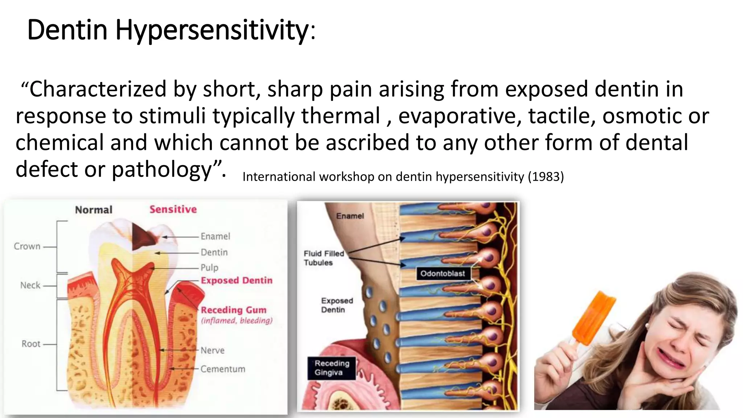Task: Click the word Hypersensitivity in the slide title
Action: (212, 30)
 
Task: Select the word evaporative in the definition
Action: (460, 116)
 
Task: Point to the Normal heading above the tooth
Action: (94, 210)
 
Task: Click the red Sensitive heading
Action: (173, 209)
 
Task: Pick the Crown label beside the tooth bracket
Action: (27, 246)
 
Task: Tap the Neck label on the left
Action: (30, 285)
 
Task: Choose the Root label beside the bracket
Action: (31, 344)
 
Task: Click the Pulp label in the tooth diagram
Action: (209, 268)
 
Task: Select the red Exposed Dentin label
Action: (237, 280)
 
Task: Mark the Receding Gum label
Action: (234, 310)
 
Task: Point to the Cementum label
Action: (223, 369)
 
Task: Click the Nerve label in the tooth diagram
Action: (213, 351)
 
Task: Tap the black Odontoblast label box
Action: (443, 274)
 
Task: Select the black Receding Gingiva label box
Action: (332, 368)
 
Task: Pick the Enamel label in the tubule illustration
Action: (350, 216)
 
